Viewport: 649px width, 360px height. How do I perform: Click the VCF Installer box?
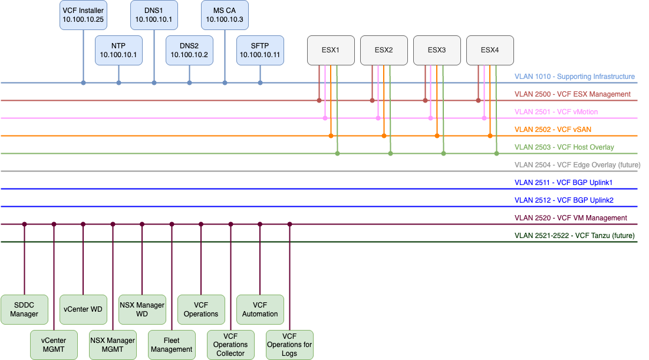click(x=83, y=15)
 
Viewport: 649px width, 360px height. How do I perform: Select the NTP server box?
click(x=118, y=50)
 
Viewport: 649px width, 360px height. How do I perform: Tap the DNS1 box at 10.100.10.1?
click(x=154, y=15)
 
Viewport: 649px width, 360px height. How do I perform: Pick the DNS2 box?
click(x=189, y=50)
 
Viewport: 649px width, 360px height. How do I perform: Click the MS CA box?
click(x=225, y=15)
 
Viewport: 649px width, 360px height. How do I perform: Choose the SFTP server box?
click(x=260, y=50)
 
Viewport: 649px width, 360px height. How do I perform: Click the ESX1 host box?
click(x=331, y=50)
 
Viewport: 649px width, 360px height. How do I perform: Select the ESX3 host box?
click(x=437, y=50)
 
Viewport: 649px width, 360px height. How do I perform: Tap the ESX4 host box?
click(x=490, y=50)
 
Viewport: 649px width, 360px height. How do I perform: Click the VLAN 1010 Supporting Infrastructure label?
click(x=574, y=77)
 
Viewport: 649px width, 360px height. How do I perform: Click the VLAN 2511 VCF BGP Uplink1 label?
click(x=564, y=183)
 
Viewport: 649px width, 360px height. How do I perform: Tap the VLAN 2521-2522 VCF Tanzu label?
click(x=574, y=236)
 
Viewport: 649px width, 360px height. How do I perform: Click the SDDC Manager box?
click(x=24, y=309)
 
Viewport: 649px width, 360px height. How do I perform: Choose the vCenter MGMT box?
click(x=54, y=345)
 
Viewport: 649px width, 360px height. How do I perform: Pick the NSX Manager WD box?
click(x=142, y=309)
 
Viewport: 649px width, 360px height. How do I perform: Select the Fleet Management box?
click(x=172, y=345)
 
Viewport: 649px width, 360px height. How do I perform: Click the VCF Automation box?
click(x=260, y=309)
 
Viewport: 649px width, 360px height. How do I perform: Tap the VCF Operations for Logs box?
click(x=289, y=345)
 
